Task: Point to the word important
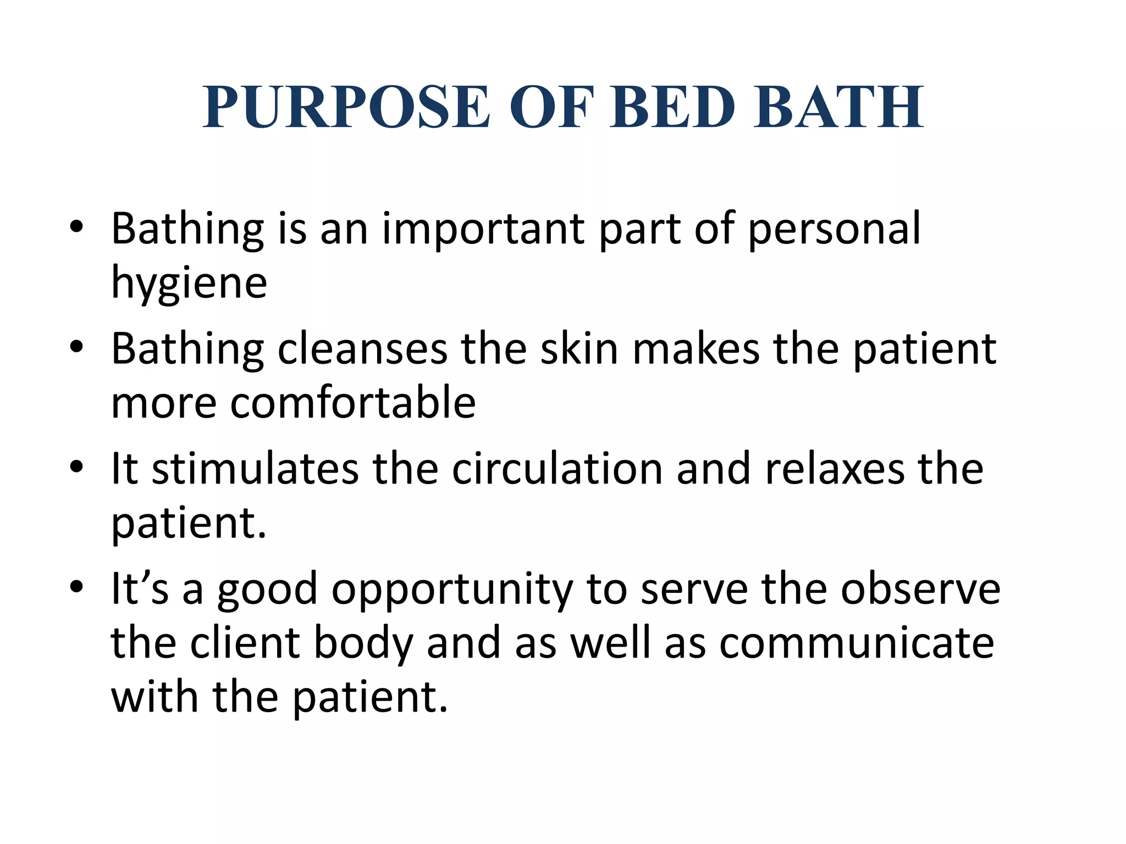click(x=483, y=230)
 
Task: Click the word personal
click(x=834, y=230)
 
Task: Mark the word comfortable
click(x=352, y=403)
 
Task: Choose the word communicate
click(x=857, y=643)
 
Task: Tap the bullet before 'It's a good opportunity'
click(x=76, y=587)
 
